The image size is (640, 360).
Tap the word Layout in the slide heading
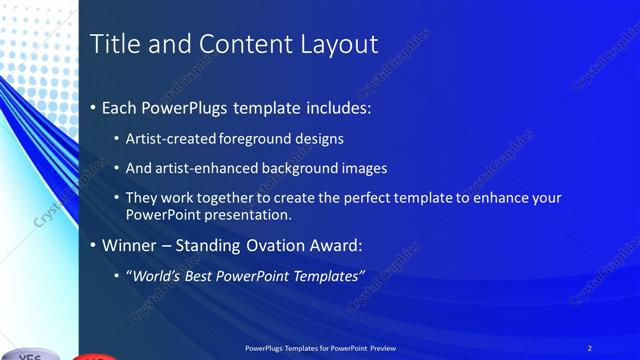[343, 44]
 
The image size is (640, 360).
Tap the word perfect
[350, 198]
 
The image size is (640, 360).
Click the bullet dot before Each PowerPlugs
[93, 105]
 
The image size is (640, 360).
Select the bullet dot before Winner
[93, 244]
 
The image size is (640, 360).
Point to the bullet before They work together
[117, 198]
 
